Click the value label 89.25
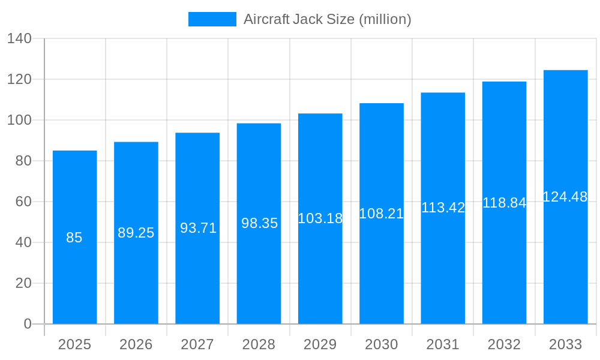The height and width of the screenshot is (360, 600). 136,233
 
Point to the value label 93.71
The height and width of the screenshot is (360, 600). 198,228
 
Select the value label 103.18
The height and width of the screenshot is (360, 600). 320,218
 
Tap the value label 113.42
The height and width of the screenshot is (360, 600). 443,208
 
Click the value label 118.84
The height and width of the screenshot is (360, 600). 504,203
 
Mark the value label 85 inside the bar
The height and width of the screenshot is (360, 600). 74,238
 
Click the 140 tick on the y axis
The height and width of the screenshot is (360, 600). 19,38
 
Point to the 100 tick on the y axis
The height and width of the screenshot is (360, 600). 19,120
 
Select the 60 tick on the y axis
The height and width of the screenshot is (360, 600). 23,202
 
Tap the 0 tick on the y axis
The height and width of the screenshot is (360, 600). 28,324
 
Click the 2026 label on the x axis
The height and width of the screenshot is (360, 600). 136,344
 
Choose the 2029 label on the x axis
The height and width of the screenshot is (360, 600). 320,344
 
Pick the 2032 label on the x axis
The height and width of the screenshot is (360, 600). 504,344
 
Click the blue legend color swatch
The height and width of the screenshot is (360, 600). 212,19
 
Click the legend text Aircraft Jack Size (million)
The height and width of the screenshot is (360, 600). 327,19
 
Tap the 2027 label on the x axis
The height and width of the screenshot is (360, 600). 197,344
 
